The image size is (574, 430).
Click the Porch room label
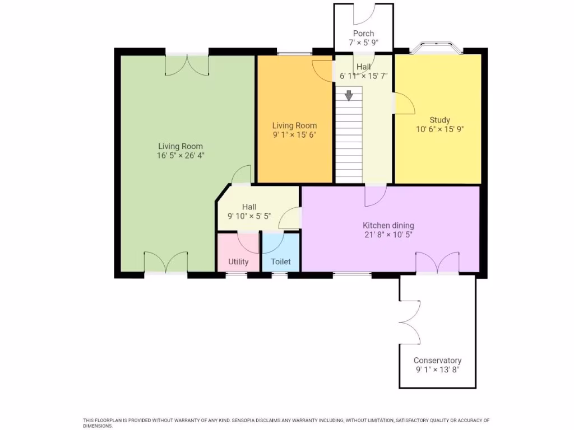[363, 34]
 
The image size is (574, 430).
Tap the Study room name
[439, 120]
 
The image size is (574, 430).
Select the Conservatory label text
[437, 361]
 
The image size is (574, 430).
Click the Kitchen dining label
[388, 226]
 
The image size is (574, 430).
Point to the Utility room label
[238, 261]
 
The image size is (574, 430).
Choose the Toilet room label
[281, 261]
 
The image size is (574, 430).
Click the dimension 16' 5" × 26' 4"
[180, 156]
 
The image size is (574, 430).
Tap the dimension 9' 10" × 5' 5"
[249, 216]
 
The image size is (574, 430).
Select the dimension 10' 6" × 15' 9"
[439, 129]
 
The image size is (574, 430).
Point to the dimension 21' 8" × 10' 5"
[388, 235]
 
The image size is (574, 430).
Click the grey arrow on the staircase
[349, 96]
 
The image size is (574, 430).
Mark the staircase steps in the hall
[349, 140]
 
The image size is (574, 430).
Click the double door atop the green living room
[187, 64]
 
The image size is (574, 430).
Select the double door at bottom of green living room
[166, 263]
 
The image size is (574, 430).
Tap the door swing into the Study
[404, 103]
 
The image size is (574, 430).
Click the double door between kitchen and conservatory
[437, 263]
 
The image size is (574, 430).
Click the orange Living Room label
[294, 126]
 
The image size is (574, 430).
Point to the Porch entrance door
[363, 13]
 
